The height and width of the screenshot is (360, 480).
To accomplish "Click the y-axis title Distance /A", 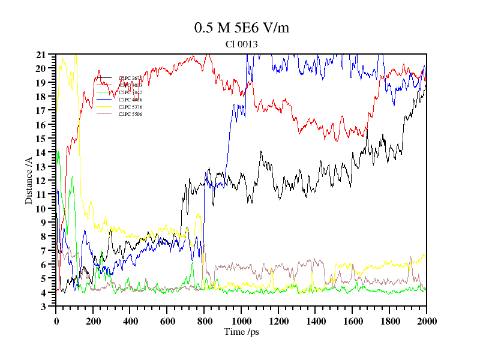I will [x=28, y=180].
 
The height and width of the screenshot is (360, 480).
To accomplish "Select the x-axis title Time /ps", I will [x=241, y=331].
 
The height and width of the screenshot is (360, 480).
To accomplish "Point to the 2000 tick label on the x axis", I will [x=427, y=321].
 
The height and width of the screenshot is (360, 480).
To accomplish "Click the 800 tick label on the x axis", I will [x=204, y=321].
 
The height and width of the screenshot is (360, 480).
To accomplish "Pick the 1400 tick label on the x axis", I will [x=316, y=321].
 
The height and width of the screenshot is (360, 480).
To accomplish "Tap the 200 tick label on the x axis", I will [x=93, y=321].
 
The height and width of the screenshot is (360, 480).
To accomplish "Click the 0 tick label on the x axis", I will [x=56, y=321].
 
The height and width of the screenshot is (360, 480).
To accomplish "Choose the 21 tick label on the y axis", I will [x=41, y=55].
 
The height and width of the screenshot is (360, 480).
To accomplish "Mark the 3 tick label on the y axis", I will [x=44, y=307].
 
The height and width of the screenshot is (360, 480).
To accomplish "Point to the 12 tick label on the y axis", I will [x=41, y=181].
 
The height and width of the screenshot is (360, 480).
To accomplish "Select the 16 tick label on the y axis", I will [x=41, y=125].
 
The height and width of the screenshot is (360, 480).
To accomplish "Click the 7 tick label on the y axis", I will [x=44, y=251].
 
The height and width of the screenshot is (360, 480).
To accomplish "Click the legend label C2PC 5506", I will [x=130, y=114].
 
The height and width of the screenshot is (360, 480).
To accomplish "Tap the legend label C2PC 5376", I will [x=130, y=107].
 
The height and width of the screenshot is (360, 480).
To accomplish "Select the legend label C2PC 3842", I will [x=130, y=92].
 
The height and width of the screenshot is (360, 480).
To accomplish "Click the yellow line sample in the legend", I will [x=104, y=107].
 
